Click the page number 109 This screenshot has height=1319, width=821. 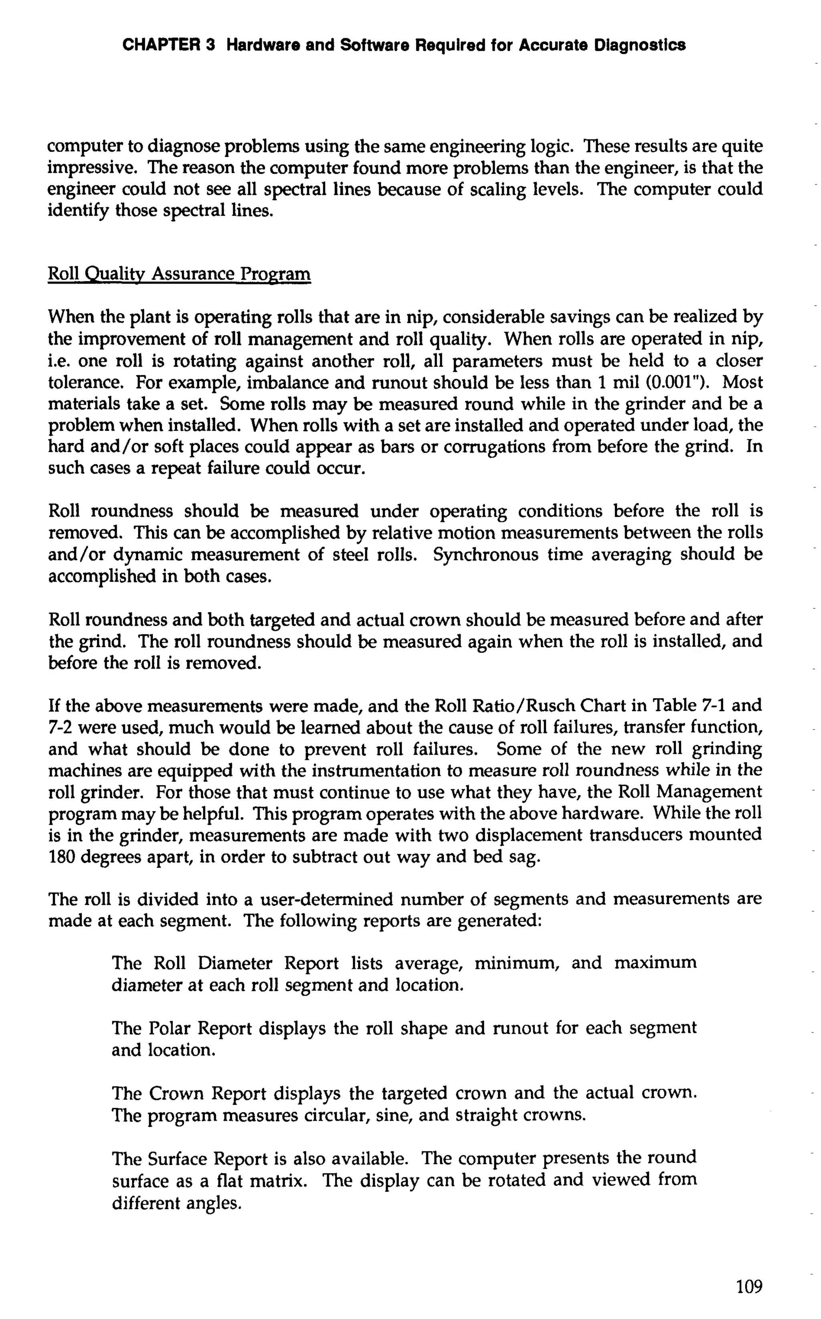[749, 1287]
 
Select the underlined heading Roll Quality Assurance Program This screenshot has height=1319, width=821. [179, 274]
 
